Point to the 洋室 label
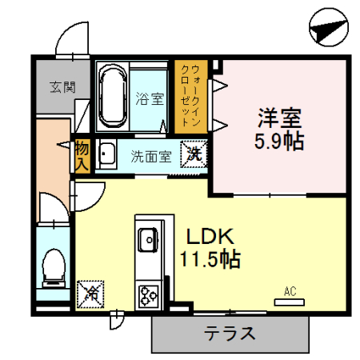pos(278,118)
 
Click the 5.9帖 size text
pos(278,142)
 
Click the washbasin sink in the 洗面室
pos(106,154)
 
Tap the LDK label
pos(210,237)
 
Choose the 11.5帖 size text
pos(210,260)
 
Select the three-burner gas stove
pos(148,295)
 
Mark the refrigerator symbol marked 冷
pos(90,294)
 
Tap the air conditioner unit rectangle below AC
pos(290,302)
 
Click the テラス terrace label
pos(230,333)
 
